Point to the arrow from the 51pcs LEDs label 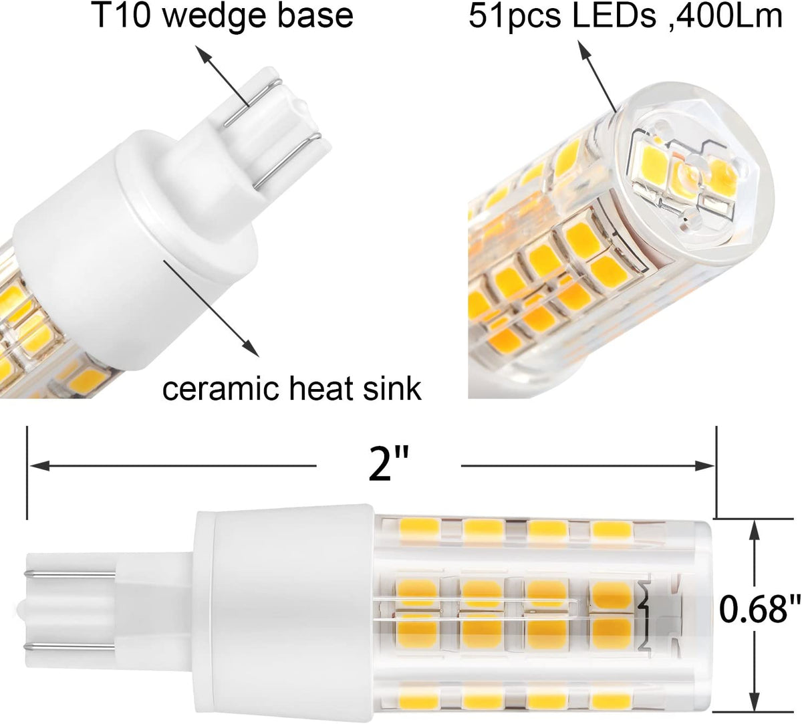tap(601, 80)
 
